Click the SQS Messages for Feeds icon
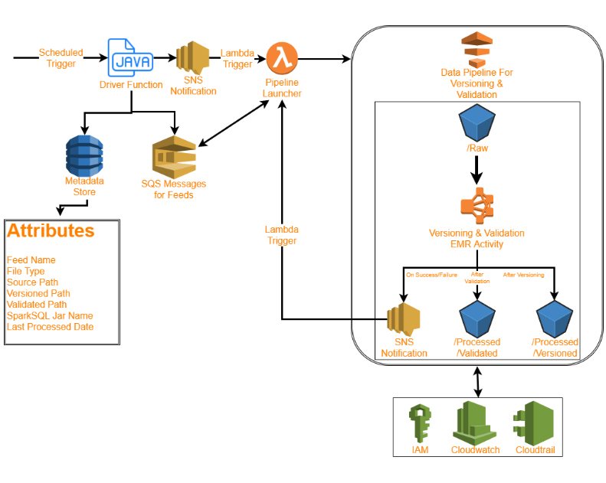pyautogui.click(x=174, y=157)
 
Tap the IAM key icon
pyautogui.click(x=421, y=423)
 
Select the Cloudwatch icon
pyautogui.click(x=475, y=423)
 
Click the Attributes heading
pyautogui.click(x=51, y=231)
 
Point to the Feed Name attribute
pyautogui.click(x=31, y=260)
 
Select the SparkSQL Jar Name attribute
pyautogui.click(x=49, y=315)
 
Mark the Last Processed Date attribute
pyautogui.click(x=50, y=327)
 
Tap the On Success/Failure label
pyautogui.click(x=431, y=274)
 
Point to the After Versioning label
pyautogui.click(x=523, y=274)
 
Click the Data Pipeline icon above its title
pyautogui.click(x=475, y=50)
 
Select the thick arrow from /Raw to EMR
pyautogui.click(x=477, y=170)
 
